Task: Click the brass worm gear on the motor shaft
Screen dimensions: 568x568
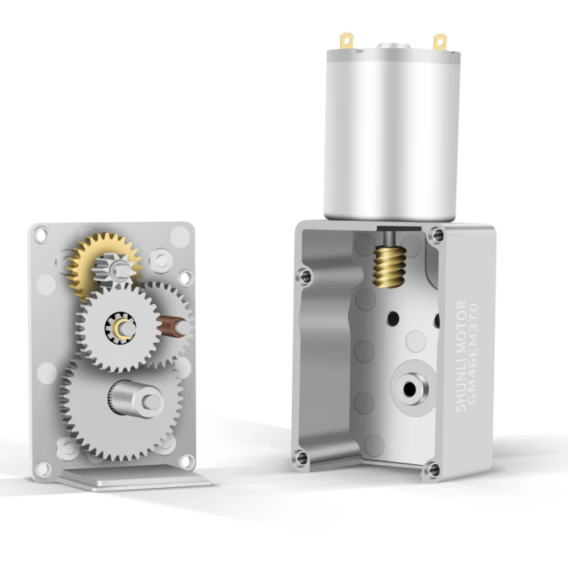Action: [x=389, y=267]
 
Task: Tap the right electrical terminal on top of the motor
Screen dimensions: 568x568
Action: [x=439, y=42]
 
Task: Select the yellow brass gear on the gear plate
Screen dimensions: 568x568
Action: [x=103, y=266]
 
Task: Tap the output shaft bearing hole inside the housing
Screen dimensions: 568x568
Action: [x=410, y=389]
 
